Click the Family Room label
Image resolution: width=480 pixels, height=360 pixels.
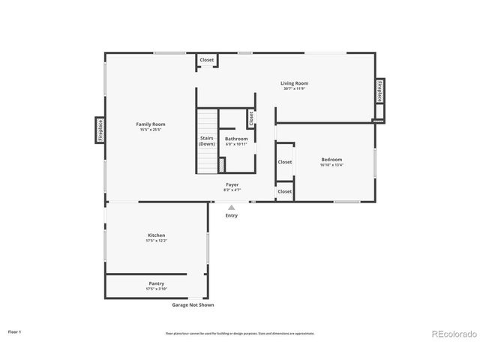(151, 124)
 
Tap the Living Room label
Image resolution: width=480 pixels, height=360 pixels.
(295, 83)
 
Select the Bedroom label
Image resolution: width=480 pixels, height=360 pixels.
(331, 159)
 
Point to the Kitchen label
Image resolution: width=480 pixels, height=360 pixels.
(156, 235)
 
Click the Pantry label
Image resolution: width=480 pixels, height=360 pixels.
(156, 283)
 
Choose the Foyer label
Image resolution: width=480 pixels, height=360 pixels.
(232, 184)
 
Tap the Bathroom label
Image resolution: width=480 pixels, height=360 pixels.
(236, 139)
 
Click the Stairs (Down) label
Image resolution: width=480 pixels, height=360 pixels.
(207, 140)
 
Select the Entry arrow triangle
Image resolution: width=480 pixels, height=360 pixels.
(232, 208)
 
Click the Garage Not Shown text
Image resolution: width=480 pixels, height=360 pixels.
(193, 305)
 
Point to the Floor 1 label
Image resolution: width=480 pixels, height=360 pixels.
(15, 331)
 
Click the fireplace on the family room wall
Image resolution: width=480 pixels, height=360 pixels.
(100, 130)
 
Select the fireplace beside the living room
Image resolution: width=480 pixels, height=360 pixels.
(380, 91)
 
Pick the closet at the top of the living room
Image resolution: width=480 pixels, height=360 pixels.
(206, 60)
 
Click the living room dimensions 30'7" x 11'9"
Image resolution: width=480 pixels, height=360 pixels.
(295, 89)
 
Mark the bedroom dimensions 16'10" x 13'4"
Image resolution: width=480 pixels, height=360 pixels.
(331, 165)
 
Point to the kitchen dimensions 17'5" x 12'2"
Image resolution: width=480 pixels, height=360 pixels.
(156, 241)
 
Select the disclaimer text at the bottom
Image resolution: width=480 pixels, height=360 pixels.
(240, 333)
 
